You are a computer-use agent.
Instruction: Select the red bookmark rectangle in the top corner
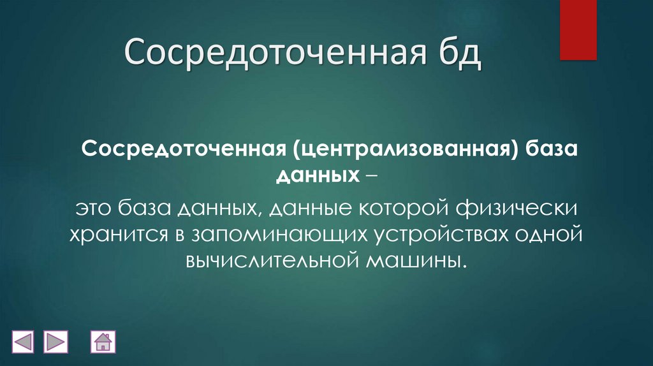578,30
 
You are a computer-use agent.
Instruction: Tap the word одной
548,233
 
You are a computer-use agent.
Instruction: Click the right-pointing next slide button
55,342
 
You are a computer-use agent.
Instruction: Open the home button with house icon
102,342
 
